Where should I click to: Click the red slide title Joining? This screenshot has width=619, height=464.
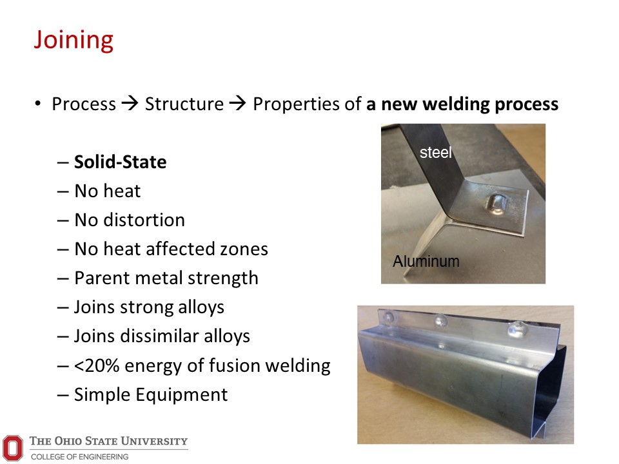[74, 41]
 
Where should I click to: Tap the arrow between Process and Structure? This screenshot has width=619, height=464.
[130, 103]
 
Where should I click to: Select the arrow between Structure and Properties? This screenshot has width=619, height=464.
[238, 103]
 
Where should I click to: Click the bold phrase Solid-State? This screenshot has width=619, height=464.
[121, 162]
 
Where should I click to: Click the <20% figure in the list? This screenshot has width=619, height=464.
[97, 365]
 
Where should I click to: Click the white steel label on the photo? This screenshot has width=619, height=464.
[435, 152]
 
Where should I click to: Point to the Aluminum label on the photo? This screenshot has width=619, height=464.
[426, 261]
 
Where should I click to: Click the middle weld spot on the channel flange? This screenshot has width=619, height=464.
[441, 320]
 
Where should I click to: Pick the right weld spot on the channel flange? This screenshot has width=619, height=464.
[516, 329]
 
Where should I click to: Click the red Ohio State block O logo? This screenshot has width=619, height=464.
[13, 448]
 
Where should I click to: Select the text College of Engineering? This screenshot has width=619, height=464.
[80, 456]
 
